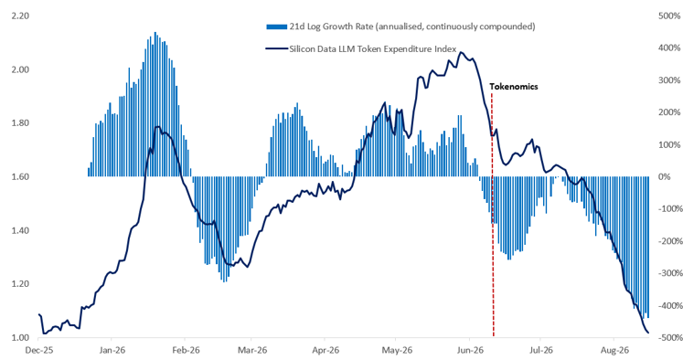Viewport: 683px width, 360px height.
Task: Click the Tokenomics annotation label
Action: coord(514,87)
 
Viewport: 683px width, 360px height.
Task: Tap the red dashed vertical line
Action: coord(493,214)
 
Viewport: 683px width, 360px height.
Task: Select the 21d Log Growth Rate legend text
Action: coord(412,26)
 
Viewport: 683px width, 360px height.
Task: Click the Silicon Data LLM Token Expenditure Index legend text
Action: coord(373,49)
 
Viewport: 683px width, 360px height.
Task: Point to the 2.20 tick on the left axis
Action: coord(20,16)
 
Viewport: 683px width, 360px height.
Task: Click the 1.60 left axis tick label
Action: coord(20,176)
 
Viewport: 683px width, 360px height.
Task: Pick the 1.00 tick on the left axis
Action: coord(20,338)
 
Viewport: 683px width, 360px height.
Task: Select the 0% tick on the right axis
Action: coord(665,176)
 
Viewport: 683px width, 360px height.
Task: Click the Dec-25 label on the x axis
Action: coord(39,351)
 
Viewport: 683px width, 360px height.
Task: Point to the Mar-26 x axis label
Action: coord(251,351)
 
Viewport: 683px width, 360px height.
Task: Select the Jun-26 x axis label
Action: coord(470,351)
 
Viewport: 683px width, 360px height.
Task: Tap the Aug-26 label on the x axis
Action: coord(614,351)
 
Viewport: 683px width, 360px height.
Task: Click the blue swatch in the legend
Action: coord(277,27)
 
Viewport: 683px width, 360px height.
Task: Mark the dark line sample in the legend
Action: coord(277,49)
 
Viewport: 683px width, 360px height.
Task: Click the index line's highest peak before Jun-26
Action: coord(461,52)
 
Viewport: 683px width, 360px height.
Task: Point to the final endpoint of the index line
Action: coord(648,333)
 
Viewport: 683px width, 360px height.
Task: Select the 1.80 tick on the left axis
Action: coord(20,123)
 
